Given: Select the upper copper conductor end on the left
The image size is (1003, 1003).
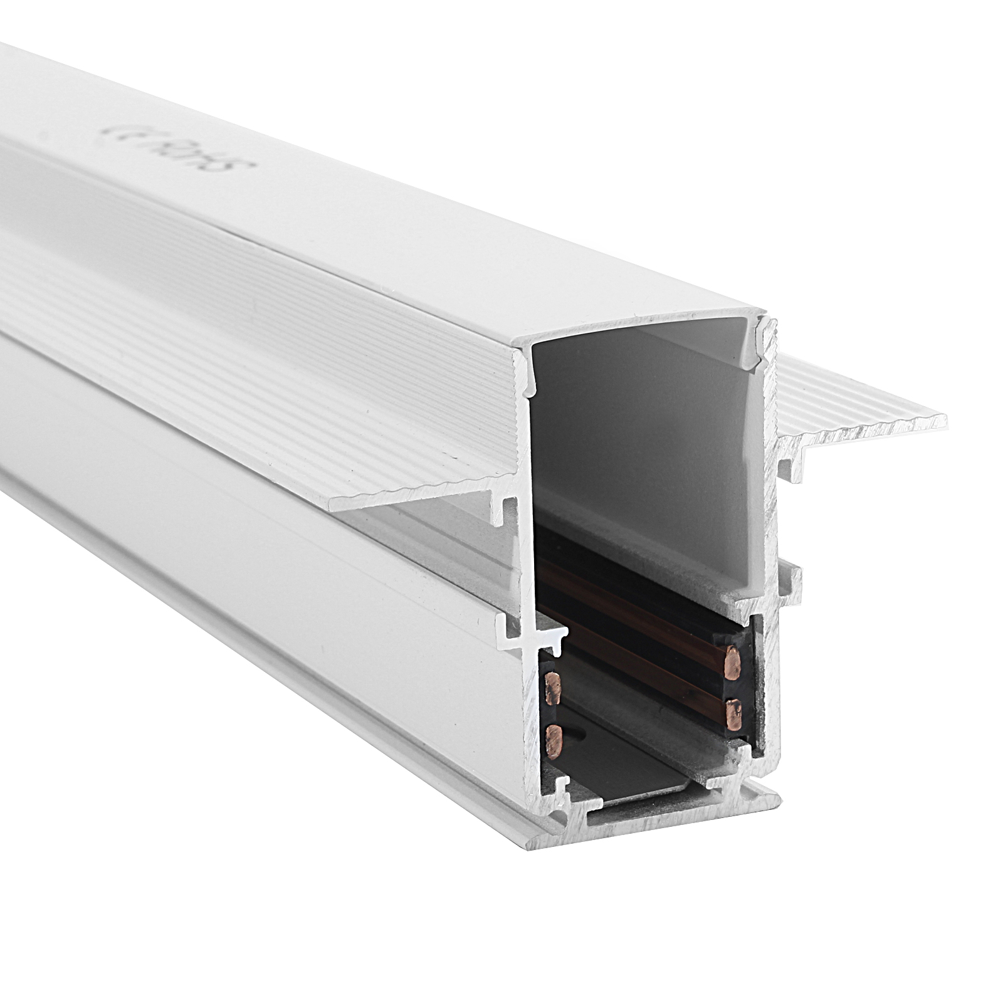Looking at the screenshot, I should point(553,686).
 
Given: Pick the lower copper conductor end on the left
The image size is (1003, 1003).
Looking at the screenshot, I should point(554,738).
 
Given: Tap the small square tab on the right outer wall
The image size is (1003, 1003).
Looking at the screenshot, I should point(794,580).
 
